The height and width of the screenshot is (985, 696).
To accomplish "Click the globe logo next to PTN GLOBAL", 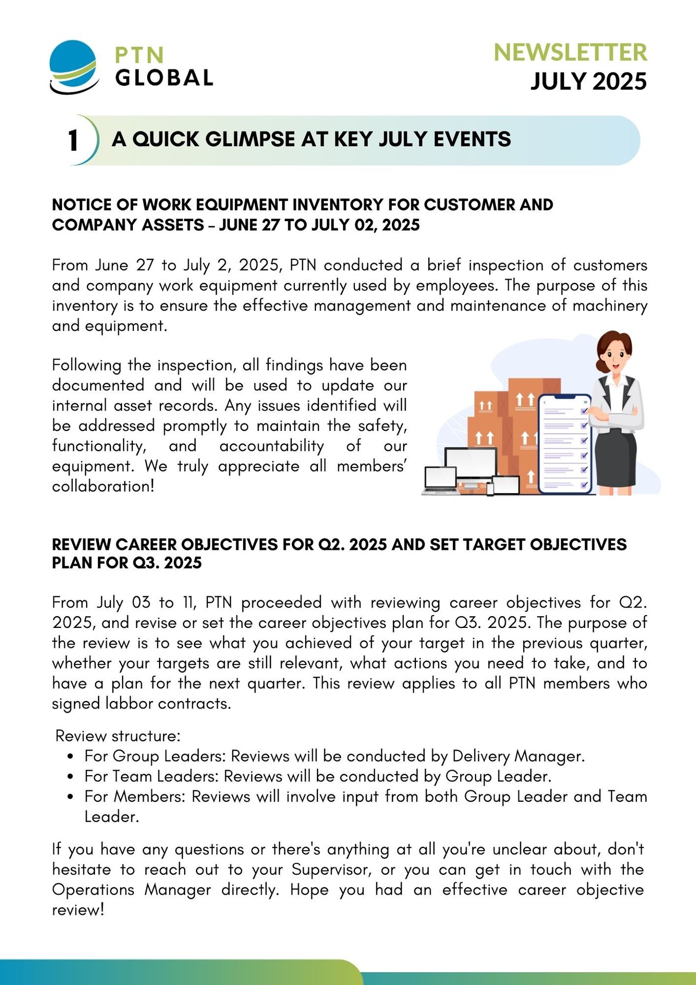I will (74, 67).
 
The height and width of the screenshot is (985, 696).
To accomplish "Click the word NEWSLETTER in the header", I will (570, 52).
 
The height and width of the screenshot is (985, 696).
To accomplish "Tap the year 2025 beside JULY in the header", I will (619, 82).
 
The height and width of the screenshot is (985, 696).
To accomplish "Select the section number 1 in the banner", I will (73, 141).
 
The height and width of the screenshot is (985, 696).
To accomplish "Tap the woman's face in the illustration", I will (614, 354).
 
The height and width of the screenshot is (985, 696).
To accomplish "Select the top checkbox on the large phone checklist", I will (584, 411).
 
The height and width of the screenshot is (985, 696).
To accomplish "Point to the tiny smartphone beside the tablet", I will (490, 488).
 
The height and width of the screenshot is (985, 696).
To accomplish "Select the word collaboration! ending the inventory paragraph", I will (103, 486).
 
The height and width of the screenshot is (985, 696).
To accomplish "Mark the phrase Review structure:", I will (118, 736).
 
